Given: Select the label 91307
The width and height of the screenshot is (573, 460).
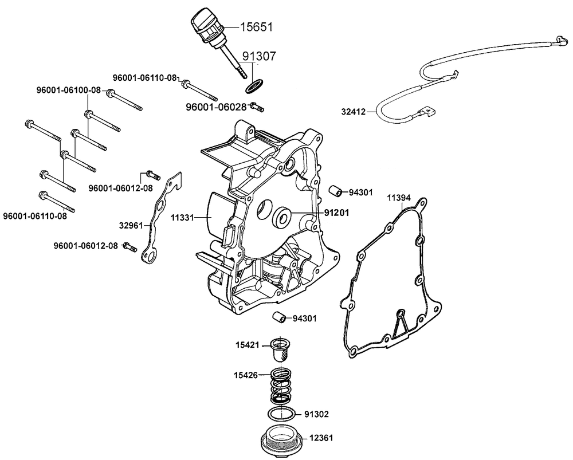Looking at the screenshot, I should pyautogui.click(x=259, y=56).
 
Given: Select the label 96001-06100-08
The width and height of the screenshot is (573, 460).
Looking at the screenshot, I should pyautogui.click(x=68, y=90).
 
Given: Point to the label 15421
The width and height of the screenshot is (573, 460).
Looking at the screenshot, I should pyautogui.click(x=248, y=345).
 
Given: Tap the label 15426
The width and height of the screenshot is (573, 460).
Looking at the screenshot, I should pyautogui.click(x=248, y=376).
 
